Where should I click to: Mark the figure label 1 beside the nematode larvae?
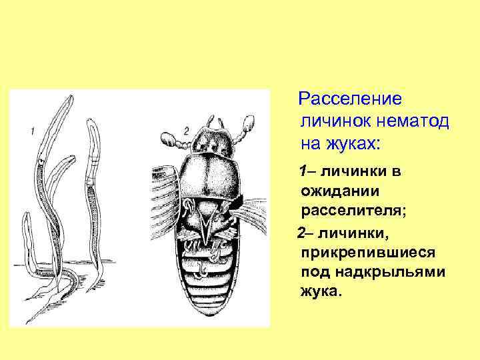pos(32,131)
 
